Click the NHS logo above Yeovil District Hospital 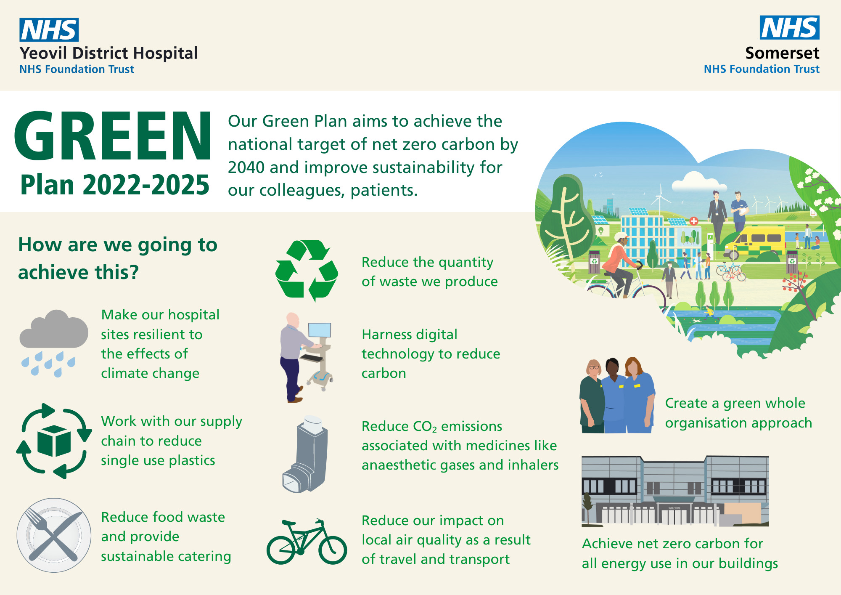49,29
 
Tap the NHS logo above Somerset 789,27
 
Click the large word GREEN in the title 113,135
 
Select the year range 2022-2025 146,185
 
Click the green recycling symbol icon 307,270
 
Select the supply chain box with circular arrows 54,441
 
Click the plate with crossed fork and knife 54,535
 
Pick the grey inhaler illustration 305,454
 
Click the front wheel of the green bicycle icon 333,549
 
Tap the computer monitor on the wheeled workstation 320,329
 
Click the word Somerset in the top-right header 782,53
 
